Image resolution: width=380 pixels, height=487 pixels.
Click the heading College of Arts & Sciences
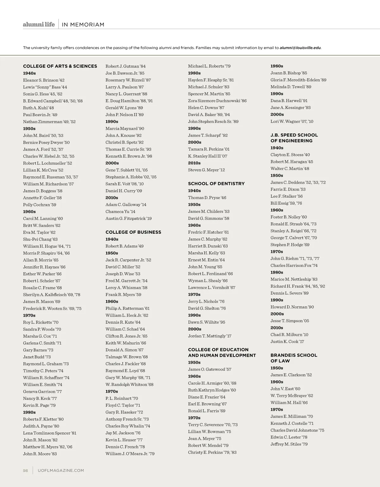coord(60,66)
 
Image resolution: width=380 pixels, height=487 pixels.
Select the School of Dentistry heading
coord(216,184)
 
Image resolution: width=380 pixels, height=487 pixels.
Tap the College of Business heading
coord(133,232)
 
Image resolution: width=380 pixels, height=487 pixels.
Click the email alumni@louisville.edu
coord(300,48)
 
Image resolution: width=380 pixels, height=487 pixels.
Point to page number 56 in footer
coord(25,471)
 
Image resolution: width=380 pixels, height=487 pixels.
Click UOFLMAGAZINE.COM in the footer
coord(61,471)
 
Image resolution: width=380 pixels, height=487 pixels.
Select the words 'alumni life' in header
coord(39,24)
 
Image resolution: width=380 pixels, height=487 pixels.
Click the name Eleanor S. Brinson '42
coord(44,80)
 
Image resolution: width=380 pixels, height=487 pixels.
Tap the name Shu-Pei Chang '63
coord(40,239)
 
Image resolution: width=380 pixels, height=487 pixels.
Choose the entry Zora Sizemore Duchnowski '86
coord(217,101)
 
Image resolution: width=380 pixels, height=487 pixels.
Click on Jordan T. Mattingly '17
coord(210,336)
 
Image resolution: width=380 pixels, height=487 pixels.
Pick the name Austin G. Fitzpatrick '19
coord(129,218)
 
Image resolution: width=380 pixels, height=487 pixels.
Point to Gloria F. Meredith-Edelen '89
coord(298,80)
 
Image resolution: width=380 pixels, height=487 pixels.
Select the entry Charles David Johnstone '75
coord(297,430)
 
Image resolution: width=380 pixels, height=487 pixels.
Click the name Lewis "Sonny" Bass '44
coord(45,87)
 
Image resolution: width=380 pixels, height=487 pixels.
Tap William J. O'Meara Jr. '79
coord(130,454)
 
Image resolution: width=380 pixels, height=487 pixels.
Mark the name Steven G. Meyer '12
coord(206,170)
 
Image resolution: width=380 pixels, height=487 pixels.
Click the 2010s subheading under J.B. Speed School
coord(277,328)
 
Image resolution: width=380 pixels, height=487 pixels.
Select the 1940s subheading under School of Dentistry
coord(194,191)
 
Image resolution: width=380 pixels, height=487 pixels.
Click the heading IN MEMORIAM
coord(83,25)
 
